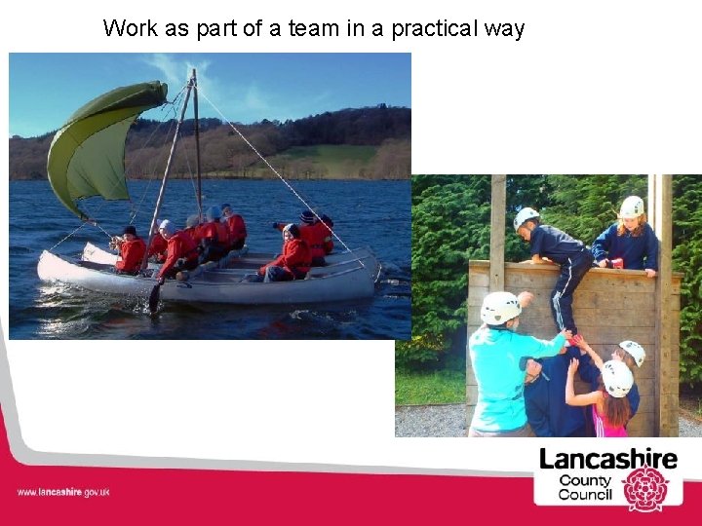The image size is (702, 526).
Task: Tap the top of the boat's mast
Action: pos(194,72)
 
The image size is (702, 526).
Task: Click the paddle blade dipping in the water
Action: pos(154,298)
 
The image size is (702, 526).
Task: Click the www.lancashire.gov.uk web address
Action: pos(62,492)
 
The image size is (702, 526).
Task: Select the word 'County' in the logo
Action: pos(586,479)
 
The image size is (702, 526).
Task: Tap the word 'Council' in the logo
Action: pos(585,495)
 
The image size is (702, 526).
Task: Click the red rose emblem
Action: pos(645,487)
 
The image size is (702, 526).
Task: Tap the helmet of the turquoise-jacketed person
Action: pos(500,307)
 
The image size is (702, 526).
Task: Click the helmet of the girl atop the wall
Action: pos(632,207)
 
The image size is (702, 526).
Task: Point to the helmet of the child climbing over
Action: pos(526,216)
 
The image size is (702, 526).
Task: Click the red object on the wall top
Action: pos(616,263)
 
